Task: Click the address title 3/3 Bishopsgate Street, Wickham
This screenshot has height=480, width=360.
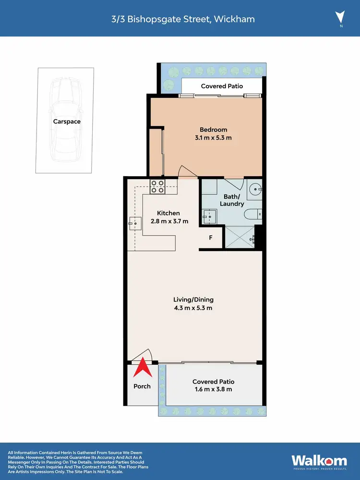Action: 180,19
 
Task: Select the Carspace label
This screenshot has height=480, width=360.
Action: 67,121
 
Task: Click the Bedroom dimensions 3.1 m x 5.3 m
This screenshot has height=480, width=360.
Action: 213,138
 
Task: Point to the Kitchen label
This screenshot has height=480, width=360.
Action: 168,213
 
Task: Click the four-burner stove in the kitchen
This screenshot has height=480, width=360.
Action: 157,186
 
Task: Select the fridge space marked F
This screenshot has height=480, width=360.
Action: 210,237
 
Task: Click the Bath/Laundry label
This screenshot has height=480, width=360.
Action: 232,200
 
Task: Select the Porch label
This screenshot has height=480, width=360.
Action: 142,386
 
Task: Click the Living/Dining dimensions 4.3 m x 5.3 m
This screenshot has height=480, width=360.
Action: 192,308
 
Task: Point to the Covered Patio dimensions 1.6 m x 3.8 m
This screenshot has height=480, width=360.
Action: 213,389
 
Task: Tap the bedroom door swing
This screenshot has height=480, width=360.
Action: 186,171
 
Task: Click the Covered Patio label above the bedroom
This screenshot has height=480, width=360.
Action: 222,86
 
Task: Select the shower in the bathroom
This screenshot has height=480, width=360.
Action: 239,236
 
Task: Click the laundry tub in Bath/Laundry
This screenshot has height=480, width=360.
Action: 209,216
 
